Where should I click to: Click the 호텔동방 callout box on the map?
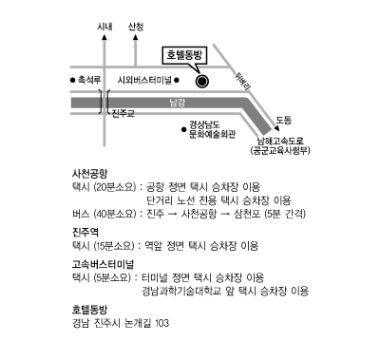[x=184, y=56]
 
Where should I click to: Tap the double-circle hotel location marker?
[x=202, y=82]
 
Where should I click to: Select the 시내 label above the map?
[x=104, y=27]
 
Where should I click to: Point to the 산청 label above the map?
[x=136, y=27]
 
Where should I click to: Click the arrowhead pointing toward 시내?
[x=104, y=37]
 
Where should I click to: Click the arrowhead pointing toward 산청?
[x=136, y=37]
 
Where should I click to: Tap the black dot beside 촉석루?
[x=72, y=80]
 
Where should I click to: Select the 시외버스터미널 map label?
[x=144, y=80]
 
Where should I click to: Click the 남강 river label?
[x=178, y=103]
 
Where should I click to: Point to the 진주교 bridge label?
[x=123, y=113]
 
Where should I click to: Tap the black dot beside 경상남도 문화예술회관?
[x=183, y=129]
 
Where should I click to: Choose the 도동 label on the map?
[x=284, y=120]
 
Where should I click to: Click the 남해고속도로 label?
[x=280, y=142]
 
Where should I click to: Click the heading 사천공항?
[x=90, y=174]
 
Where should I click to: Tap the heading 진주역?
[x=85, y=232]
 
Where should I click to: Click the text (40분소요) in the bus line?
[x=115, y=214]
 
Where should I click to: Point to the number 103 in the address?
[x=162, y=323]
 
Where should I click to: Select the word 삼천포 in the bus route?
[x=247, y=214]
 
